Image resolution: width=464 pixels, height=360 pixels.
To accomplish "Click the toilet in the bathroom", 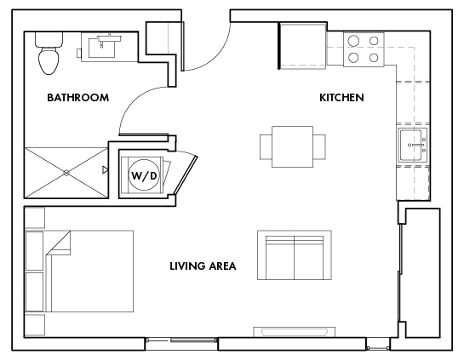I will click(49, 54).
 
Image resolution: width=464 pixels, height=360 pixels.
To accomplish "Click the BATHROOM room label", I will click(77, 98).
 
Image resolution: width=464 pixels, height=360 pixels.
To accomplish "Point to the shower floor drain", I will click(66, 172).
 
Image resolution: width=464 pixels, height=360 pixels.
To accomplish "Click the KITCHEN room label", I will click(341, 98).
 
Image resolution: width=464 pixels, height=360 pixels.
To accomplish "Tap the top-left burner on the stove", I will click(352, 41).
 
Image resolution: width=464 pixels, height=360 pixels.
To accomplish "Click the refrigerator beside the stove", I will click(302, 48).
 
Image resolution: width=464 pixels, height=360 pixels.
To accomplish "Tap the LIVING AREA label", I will click(203, 266).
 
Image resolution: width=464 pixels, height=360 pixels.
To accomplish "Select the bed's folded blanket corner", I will click(58, 245).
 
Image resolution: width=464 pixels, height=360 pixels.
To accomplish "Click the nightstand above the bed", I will click(35, 218).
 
